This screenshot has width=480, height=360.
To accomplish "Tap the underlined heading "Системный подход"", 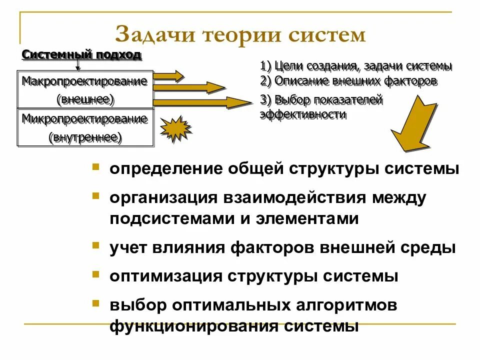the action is point(81,55).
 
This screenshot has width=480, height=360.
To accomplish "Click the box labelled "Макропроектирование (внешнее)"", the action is point(85,90).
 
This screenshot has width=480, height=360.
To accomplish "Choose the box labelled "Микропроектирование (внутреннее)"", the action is point(85,127).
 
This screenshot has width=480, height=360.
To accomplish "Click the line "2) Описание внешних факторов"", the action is point(348,80).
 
